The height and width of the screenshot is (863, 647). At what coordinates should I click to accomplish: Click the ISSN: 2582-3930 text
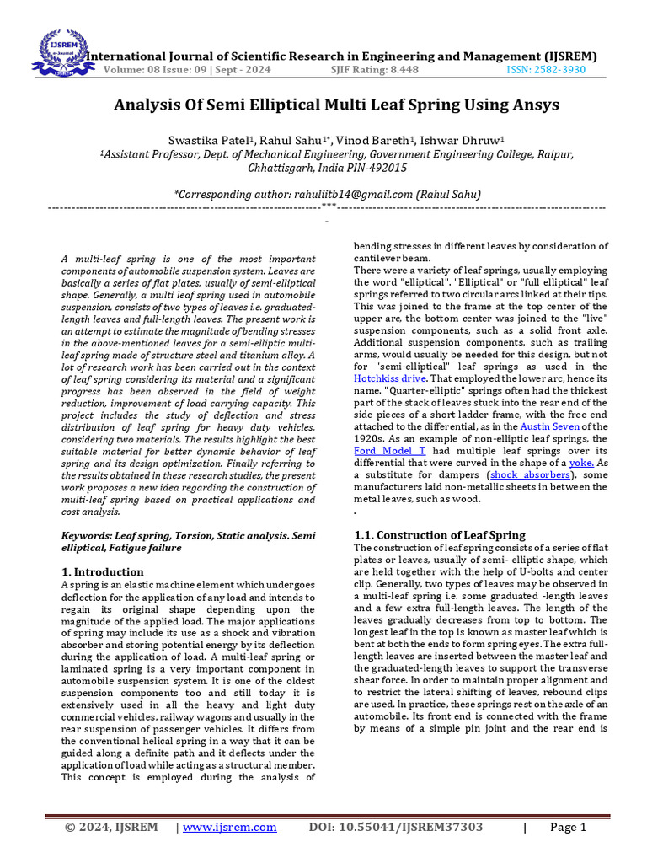click(x=545, y=70)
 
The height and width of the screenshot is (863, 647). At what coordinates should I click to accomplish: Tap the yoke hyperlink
click(x=582, y=463)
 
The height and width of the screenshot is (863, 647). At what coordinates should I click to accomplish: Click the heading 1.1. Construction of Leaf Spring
click(x=439, y=535)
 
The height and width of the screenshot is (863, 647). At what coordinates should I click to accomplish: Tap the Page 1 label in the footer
click(x=568, y=827)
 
